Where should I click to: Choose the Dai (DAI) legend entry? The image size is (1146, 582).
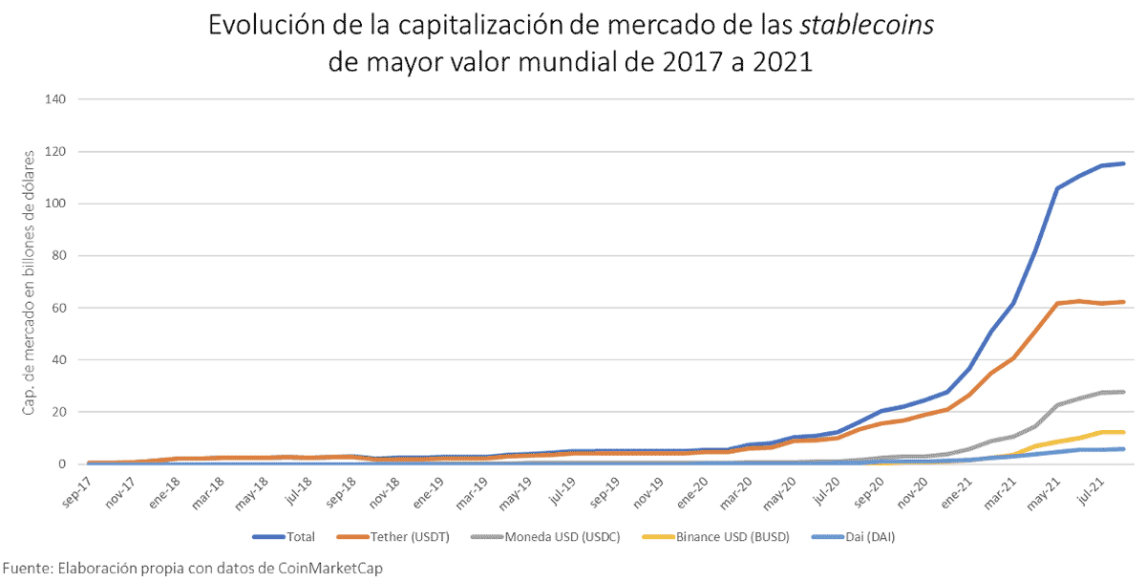[x=867, y=537]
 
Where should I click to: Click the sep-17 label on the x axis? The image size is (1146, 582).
[x=76, y=487]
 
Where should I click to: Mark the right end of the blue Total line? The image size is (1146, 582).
[x=1123, y=163]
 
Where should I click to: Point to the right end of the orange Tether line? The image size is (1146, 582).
[x=1123, y=302]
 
